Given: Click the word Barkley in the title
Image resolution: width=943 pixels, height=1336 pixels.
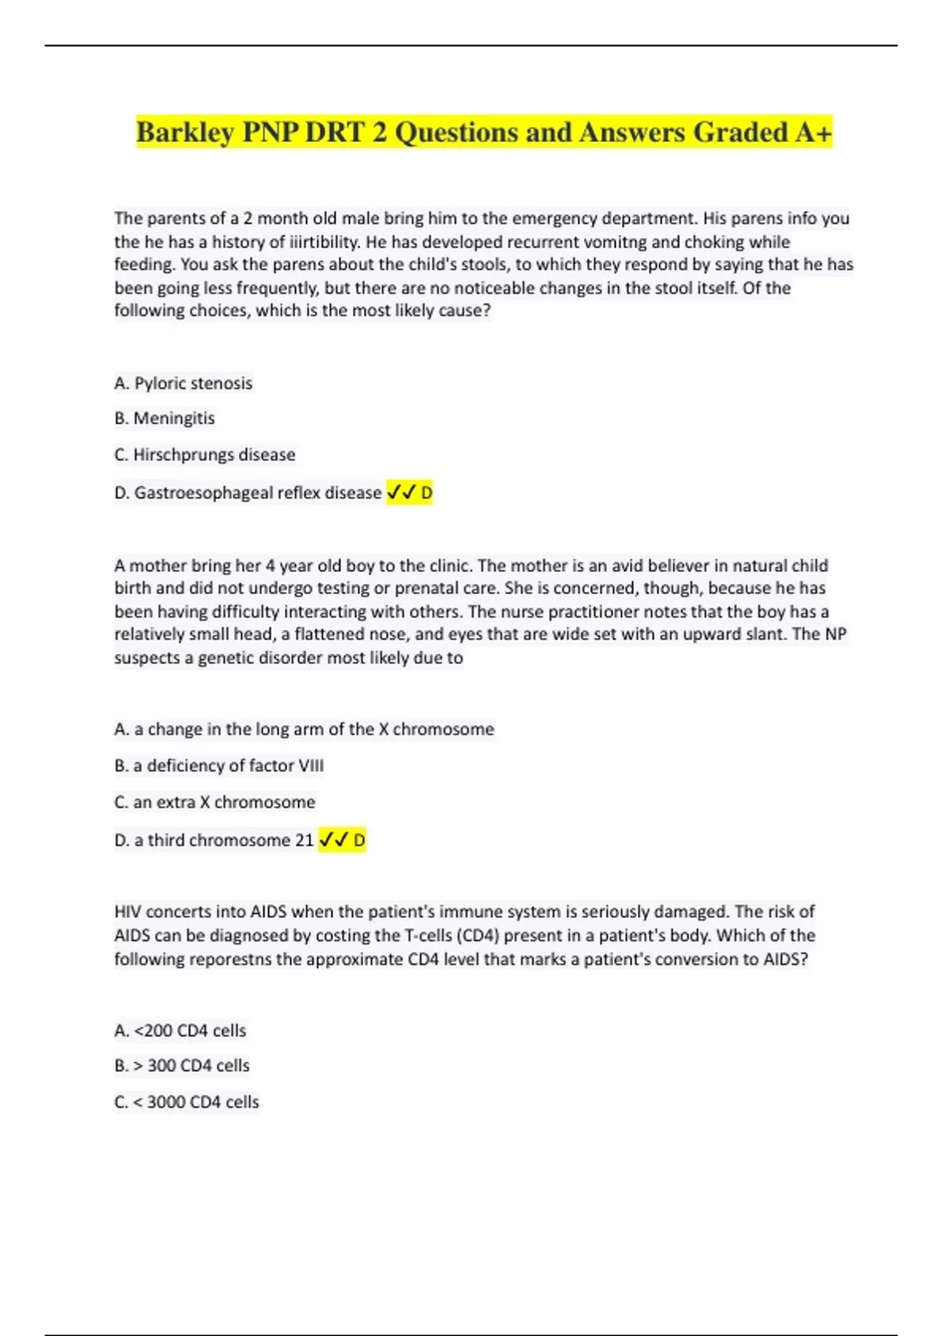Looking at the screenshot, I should point(185,133).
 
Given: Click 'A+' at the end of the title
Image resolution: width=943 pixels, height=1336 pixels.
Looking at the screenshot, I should point(813,133).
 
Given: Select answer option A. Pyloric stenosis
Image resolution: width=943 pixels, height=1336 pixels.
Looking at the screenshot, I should point(183,384).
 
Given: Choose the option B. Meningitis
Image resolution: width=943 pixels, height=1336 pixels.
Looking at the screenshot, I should point(164,418).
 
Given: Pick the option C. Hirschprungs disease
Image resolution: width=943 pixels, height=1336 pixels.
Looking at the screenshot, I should point(204,455).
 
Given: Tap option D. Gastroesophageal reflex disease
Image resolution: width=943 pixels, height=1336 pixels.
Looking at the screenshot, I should point(248,493).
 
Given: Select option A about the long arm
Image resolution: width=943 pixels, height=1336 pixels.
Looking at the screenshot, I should point(304,729).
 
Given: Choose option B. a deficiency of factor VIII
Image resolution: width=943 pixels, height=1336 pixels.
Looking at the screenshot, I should point(218,765).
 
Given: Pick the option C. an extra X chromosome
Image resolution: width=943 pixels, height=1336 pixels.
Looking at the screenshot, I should point(215,802).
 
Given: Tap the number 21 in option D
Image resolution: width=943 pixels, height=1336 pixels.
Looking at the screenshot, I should point(304,840).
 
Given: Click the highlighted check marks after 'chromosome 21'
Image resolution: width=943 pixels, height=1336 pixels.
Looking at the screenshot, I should point(334,840).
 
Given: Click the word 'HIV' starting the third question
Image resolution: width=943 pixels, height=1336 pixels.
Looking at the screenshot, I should point(128,912).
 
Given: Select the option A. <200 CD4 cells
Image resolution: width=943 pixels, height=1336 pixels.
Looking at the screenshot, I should point(180,1030).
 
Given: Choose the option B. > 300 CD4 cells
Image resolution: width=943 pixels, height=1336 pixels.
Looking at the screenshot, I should point(182,1066).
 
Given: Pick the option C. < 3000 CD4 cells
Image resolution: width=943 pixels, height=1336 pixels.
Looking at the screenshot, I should point(186,1102).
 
